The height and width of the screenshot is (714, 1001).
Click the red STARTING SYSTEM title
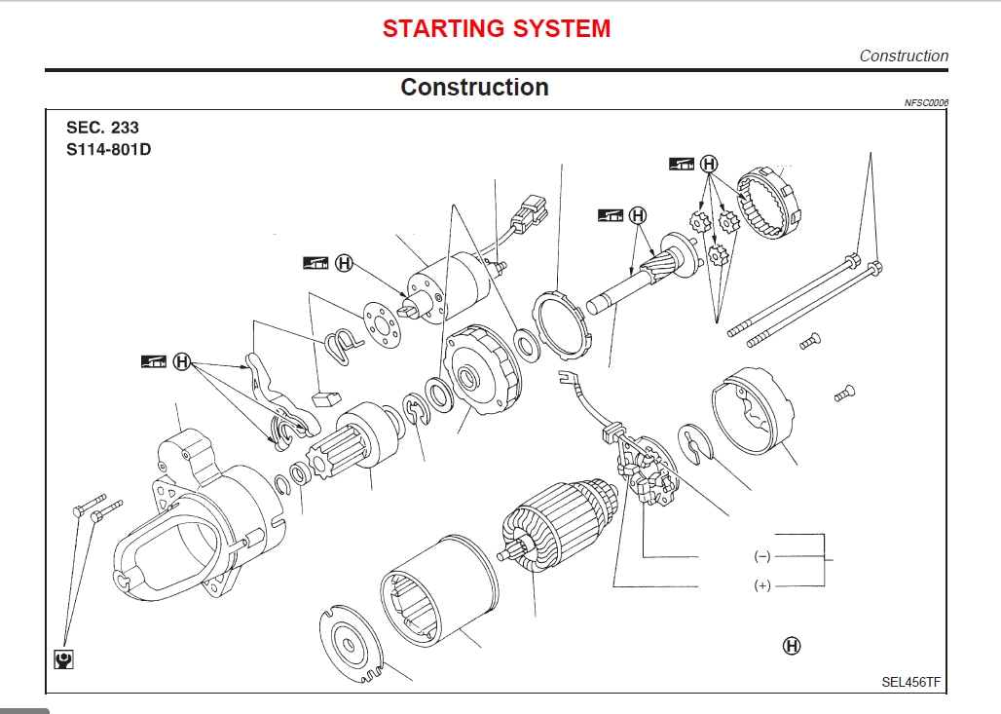[497, 29]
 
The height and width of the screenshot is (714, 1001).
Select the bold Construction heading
[474, 88]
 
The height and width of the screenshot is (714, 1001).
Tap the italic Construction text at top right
[903, 56]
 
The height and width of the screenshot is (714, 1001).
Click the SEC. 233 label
[102, 128]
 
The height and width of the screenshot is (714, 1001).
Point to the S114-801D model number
[108, 149]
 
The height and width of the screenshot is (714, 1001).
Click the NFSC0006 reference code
[926, 103]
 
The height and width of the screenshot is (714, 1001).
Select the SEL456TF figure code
[911, 682]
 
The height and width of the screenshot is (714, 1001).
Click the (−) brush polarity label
[761, 556]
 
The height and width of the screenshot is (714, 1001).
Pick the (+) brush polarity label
[761, 584]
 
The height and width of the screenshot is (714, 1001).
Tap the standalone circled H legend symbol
[792, 646]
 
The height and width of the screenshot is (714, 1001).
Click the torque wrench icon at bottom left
[64, 659]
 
